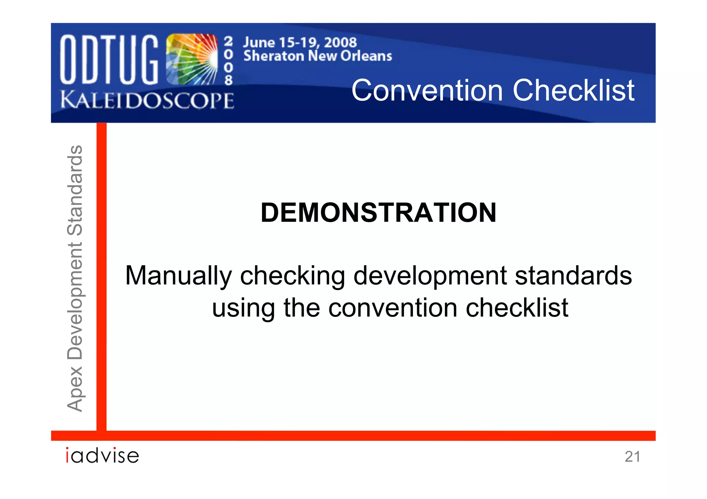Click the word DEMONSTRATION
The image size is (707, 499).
378,212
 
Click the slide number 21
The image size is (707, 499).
632,457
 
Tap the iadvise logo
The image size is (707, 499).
103,456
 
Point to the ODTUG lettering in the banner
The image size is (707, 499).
109,59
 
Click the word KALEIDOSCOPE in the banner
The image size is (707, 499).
147,101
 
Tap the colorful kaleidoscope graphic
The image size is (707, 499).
192,59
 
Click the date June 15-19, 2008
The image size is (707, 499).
300,42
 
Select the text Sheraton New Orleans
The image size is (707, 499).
318,56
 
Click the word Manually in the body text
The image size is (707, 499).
178,276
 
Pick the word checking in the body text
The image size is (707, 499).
292,276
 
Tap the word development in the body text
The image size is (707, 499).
430,276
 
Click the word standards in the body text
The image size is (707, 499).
573,276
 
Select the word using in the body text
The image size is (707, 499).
243,308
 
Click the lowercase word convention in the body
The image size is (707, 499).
393,308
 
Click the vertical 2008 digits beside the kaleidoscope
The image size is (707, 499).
228,61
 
